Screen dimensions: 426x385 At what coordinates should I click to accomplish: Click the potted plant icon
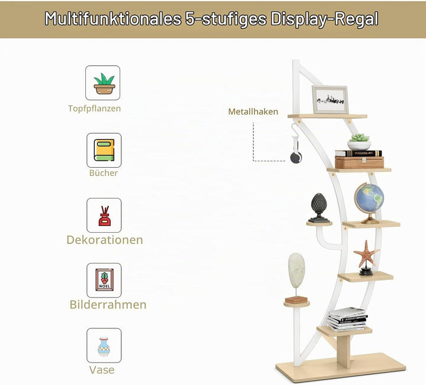click(104, 83)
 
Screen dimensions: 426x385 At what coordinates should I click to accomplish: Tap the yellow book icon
click(104, 150)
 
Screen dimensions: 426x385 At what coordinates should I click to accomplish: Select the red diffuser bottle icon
click(105, 216)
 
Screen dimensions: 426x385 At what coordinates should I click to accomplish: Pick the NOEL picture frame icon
click(104, 280)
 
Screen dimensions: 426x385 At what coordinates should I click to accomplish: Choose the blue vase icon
click(104, 346)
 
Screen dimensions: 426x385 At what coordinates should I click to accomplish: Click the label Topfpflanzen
click(95, 109)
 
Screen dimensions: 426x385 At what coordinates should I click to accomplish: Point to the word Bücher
click(104, 173)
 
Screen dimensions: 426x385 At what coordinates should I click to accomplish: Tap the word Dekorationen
click(105, 240)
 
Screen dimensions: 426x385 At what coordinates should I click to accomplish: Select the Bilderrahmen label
click(108, 305)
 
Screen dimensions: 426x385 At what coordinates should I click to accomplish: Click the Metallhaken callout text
click(253, 112)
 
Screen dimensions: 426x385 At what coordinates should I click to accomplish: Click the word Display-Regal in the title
click(324, 19)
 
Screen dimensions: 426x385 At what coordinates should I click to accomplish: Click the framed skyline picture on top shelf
click(330, 100)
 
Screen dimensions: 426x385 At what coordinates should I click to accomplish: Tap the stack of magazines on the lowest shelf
click(347, 319)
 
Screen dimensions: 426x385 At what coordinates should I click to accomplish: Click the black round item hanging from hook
click(296, 158)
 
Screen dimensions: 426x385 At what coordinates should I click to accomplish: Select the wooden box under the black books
click(359, 162)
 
